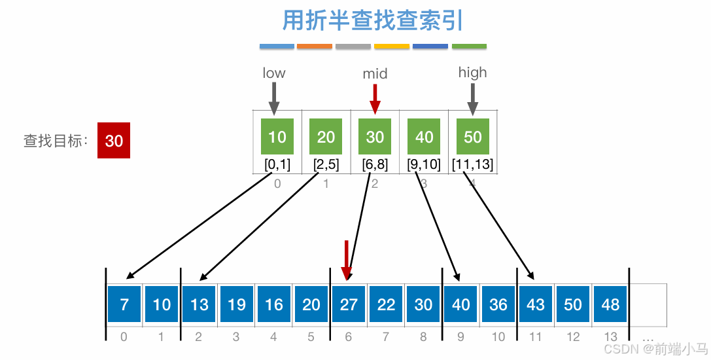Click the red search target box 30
pyautogui.click(x=114, y=140)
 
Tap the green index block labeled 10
pyautogui.click(x=277, y=136)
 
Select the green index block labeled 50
pyautogui.click(x=472, y=136)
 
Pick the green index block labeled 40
pyautogui.click(x=424, y=136)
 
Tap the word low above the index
pyautogui.click(x=274, y=73)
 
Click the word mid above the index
pyautogui.click(x=375, y=74)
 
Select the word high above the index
pyautogui.click(x=472, y=73)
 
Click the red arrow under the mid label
pyautogui.click(x=375, y=99)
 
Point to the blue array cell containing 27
pyautogui.click(x=349, y=304)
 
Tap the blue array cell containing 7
pyautogui.click(x=124, y=304)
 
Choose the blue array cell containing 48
pyautogui.click(x=610, y=304)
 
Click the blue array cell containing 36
pyautogui.click(x=498, y=304)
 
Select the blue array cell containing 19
pyautogui.click(x=237, y=304)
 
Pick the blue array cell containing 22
pyautogui.click(x=387, y=304)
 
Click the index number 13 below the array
pyautogui.click(x=610, y=337)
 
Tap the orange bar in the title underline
pyautogui.click(x=314, y=46)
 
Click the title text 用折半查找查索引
pyautogui.click(x=372, y=20)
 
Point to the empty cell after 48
pyautogui.click(x=648, y=304)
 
